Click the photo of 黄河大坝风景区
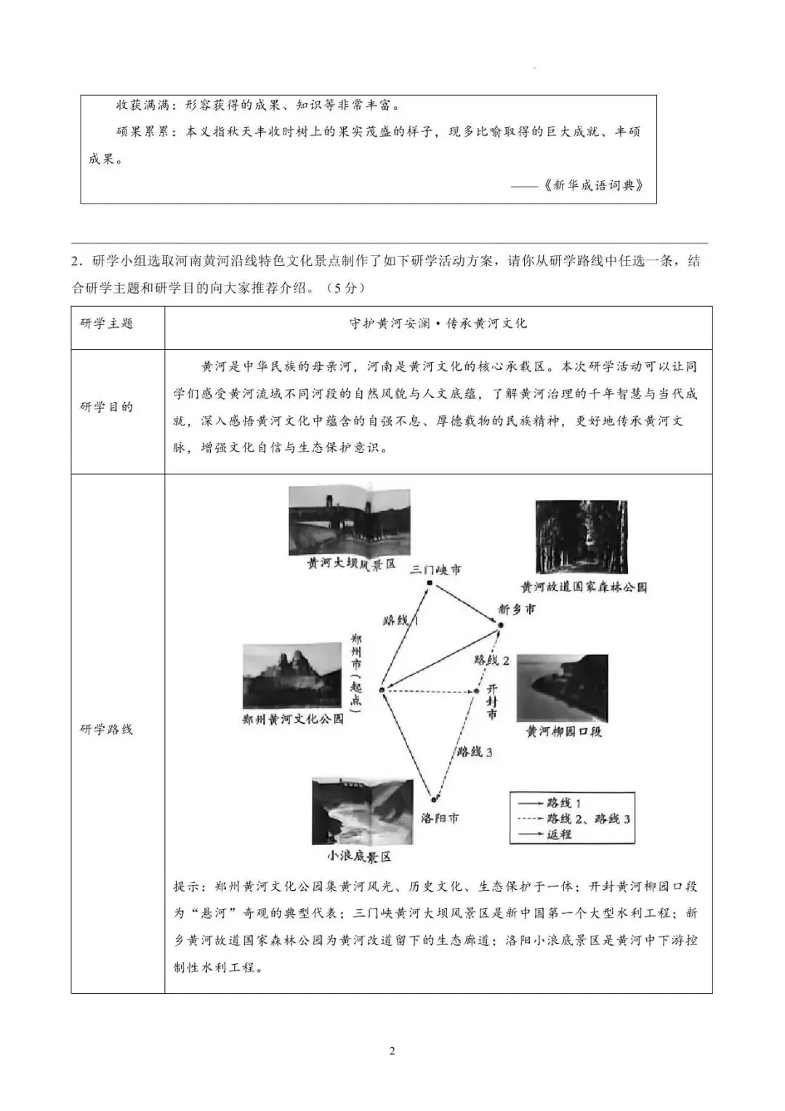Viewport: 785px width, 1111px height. (349, 519)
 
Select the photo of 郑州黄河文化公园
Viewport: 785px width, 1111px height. (291, 675)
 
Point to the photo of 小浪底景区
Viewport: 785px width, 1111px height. (362, 811)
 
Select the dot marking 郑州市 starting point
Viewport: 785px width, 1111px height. (381, 689)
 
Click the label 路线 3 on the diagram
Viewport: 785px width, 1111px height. (475, 752)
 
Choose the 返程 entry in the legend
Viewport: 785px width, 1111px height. (559, 834)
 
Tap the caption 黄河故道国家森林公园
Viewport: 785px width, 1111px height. (584, 587)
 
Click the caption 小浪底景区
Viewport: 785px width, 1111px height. (359, 857)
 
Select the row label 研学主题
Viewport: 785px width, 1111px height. (107, 324)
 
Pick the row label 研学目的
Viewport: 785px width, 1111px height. (107, 407)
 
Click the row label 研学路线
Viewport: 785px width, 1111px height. (107, 729)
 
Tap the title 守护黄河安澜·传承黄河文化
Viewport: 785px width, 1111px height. (438, 324)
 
